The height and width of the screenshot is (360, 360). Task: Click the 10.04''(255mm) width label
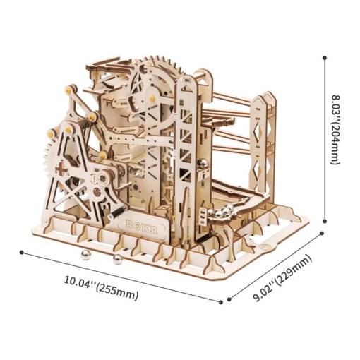click(101, 288)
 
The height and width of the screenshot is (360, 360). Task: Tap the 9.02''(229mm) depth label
click(282, 278)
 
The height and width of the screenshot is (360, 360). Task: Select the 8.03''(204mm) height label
click(337, 130)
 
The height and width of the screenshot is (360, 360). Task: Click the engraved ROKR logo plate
click(141, 226)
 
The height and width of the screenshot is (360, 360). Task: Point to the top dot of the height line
click(325, 58)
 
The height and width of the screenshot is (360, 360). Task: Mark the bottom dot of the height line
click(325, 221)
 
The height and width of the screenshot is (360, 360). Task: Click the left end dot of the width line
click(22, 252)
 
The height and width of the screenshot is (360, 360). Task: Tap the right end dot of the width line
click(221, 302)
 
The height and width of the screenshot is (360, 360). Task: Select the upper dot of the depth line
click(322, 233)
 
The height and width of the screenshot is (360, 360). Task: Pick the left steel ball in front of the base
click(85, 256)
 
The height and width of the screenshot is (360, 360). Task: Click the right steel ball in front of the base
click(118, 259)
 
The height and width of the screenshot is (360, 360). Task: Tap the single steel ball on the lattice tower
click(203, 164)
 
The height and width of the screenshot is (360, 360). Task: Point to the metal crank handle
click(118, 212)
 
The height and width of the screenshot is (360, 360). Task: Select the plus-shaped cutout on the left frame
click(61, 169)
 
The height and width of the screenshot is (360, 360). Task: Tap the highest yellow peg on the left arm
click(68, 90)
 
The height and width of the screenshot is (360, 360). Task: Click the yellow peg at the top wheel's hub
click(152, 97)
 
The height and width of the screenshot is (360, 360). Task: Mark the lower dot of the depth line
click(229, 299)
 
